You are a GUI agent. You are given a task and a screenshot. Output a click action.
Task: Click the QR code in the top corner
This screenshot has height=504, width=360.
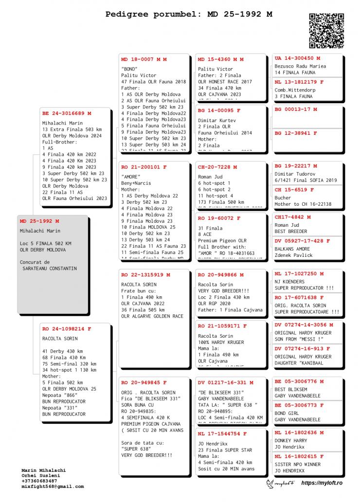point(326,31)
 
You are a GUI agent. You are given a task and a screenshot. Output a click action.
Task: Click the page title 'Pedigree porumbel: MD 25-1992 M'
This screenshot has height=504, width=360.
point(189,14)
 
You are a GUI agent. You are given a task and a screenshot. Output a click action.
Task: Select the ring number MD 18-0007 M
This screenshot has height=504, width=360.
point(144,59)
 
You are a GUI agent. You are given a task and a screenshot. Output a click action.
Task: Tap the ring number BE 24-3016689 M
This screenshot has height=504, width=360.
point(67,113)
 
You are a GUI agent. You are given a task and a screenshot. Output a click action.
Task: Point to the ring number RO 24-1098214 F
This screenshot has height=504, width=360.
point(67,329)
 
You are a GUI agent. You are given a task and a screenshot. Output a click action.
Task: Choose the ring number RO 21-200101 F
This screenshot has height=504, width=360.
point(144,167)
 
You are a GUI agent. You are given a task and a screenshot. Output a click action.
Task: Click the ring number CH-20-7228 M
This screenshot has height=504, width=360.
point(217,167)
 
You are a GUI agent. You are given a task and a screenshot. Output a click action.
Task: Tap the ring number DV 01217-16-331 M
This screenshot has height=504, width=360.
point(225,382)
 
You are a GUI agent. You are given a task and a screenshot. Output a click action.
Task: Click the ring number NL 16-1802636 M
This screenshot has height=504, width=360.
point(299,432)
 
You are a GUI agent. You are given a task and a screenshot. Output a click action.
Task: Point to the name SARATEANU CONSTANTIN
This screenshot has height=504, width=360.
point(50,269)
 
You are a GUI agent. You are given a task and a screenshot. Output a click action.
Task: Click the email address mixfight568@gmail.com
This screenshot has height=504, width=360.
point(53,486)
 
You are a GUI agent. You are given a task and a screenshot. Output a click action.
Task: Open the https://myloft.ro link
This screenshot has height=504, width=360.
point(322,483)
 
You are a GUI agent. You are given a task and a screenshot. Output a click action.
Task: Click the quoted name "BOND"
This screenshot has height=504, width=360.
point(130,69)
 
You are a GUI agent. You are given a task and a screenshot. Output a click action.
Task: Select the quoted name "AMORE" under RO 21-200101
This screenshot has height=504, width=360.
point(131,176)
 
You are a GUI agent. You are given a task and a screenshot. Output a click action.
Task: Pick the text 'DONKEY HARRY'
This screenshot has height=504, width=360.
point(291,441)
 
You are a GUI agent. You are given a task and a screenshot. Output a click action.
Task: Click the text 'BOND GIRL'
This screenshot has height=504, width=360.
point(287,413)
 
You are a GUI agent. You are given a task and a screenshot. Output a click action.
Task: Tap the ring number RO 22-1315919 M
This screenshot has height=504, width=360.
point(145,275)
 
